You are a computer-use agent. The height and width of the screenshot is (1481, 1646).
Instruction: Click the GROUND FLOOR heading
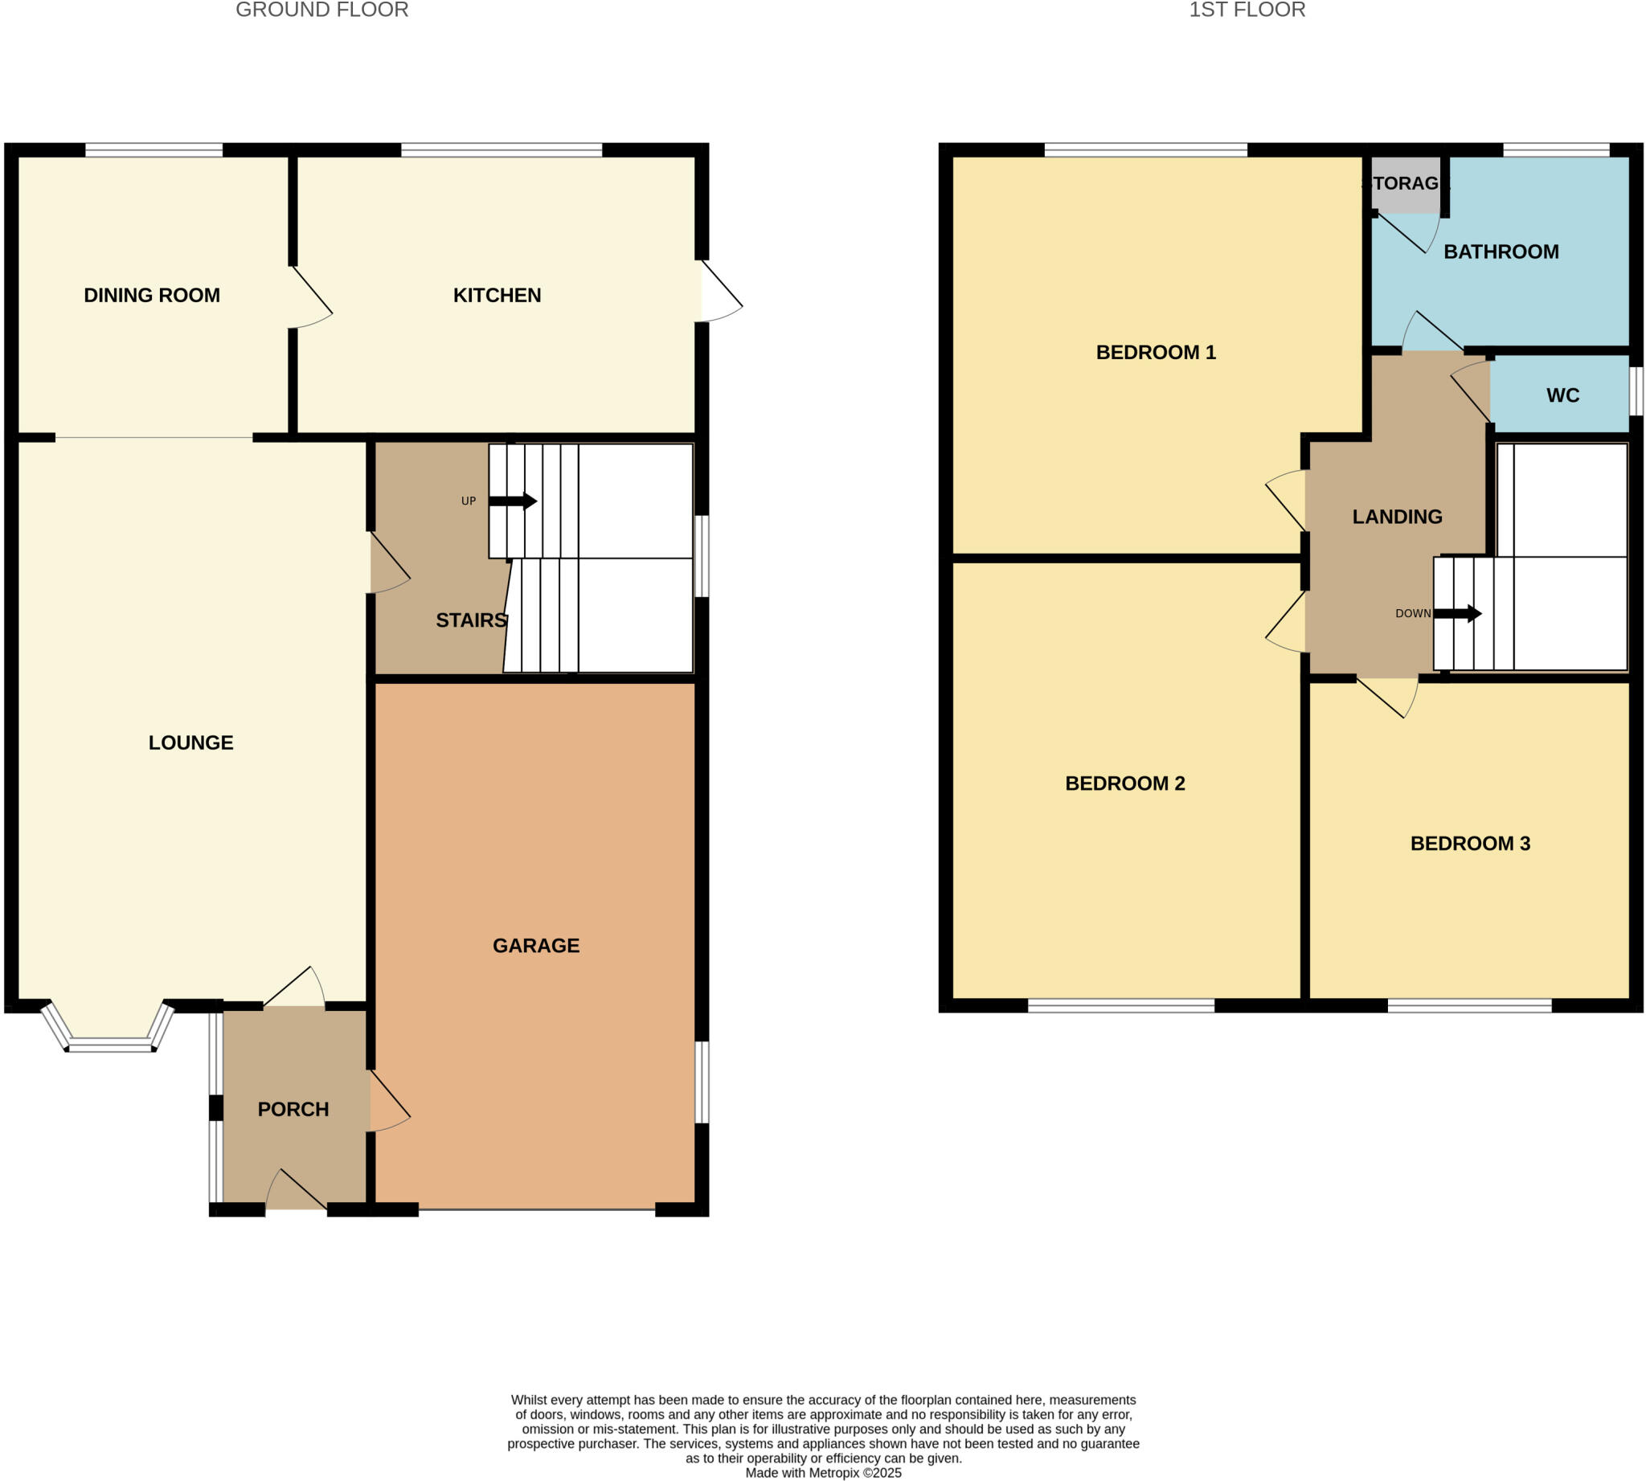point(321,10)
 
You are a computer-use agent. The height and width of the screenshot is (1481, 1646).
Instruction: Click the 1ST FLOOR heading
point(1247,10)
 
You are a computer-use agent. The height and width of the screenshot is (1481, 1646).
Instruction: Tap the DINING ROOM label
point(151,296)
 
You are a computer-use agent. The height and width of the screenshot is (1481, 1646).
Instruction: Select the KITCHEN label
point(497,296)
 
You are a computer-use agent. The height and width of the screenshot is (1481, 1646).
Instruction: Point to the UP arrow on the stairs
point(513,501)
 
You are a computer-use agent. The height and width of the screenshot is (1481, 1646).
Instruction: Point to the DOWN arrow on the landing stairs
point(1457,614)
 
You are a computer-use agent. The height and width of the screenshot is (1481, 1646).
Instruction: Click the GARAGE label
point(535,946)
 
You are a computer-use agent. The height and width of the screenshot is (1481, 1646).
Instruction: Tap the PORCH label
point(293,1109)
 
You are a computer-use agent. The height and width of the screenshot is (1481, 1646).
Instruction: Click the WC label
point(1562,395)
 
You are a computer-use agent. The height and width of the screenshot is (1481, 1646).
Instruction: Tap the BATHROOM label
point(1501,252)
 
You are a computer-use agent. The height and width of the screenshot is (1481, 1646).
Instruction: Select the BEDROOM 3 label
point(1469,844)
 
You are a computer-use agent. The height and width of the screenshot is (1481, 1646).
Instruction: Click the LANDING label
point(1397,517)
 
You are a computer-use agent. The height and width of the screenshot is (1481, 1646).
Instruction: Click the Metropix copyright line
point(823,1473)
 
